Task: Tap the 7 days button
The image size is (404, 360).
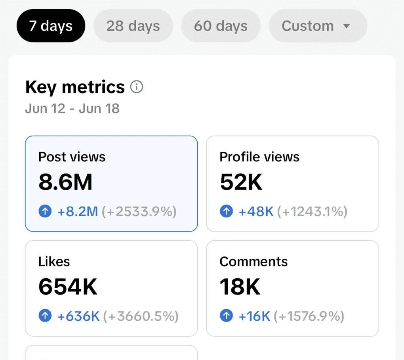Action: pos(51,26)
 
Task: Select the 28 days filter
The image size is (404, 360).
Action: pos(133,26)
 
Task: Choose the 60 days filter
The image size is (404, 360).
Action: pos(221,26)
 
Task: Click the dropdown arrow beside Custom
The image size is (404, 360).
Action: pos(347,26)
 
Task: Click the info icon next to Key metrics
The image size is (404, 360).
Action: pos(136,87)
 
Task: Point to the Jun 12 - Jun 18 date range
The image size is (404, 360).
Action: pos(72,108)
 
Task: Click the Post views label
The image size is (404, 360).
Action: pos(72,157)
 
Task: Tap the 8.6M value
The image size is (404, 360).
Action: pos(65,182)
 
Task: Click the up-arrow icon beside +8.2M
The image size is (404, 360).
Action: pos(45,211)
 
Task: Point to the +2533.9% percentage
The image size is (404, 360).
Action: pos(139,211)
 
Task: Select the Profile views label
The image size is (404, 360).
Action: pos(259,157)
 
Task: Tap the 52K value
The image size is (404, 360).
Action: pos(241,182)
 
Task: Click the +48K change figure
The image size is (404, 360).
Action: pos(256,211)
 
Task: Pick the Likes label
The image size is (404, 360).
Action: pos(54,262)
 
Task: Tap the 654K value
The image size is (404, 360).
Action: pos(68,287)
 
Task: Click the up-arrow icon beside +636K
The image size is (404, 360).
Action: pos(45,316)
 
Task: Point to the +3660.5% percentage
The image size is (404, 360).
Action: pos(141,316)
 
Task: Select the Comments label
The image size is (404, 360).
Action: pos(253,262)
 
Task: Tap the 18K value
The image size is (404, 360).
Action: pos(240,287)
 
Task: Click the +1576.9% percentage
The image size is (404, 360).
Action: pos(309,316)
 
